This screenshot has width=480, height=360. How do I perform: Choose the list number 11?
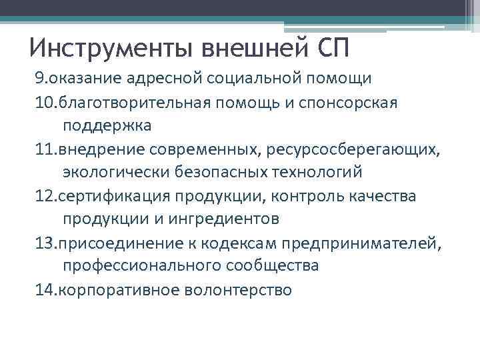pos(45,149)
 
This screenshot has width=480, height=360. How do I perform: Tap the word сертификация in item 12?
pos(115,196)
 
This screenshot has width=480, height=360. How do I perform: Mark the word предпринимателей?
pos(365,243)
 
